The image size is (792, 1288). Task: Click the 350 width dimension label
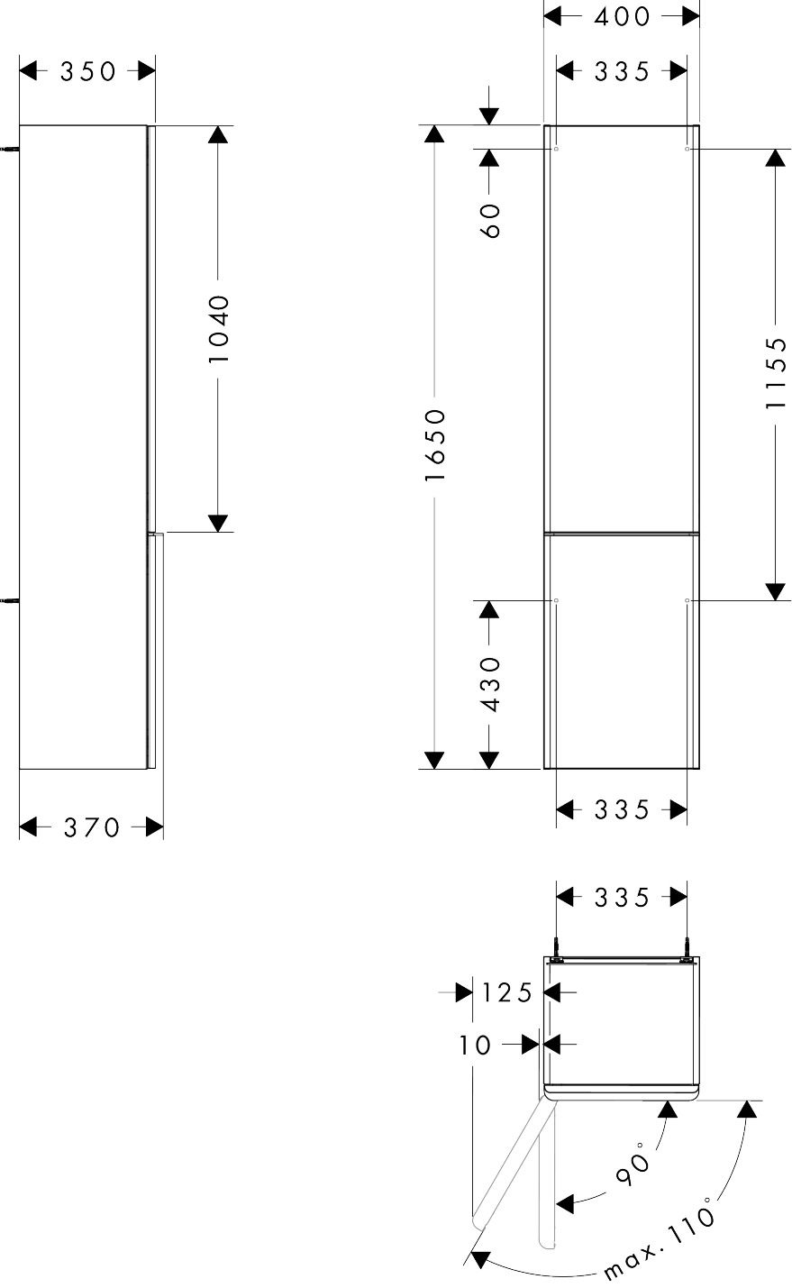click(x=88, y=72)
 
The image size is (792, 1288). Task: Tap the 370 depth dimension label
click(x=91, y=828)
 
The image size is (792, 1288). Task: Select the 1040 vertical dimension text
click(x=218, y=329)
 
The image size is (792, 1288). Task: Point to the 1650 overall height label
click(x=435, y=445)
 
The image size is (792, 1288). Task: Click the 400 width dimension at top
click(x=622, y=17)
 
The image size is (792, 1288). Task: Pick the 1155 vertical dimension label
click(x=776, y=373)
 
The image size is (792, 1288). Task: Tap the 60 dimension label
click(x=489, y=220)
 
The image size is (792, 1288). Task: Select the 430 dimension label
click(x=489, y=685)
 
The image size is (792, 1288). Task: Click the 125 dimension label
click(x=507, y=993)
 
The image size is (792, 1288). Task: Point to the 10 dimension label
click(x=475, y=1045)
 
